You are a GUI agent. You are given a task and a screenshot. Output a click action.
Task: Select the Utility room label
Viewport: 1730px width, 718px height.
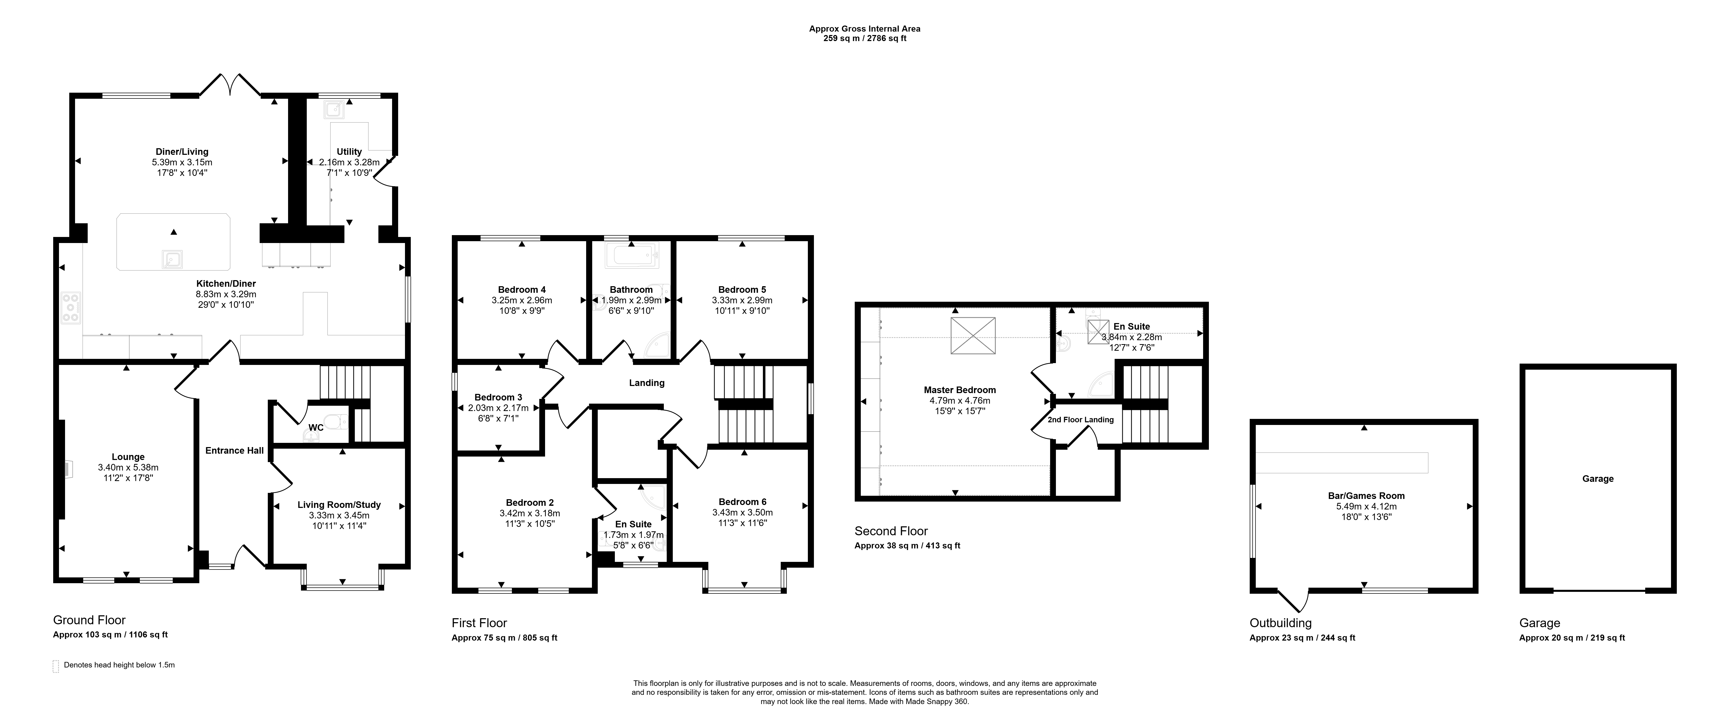[x=349, y=152]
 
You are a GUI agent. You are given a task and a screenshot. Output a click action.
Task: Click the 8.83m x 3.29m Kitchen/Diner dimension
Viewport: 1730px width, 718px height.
[x=226, y=294]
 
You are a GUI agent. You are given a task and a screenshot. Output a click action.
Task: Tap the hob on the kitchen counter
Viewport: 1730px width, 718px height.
[x=71, y=308]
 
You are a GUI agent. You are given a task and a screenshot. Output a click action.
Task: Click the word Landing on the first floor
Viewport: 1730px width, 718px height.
[x=647, y=383]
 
